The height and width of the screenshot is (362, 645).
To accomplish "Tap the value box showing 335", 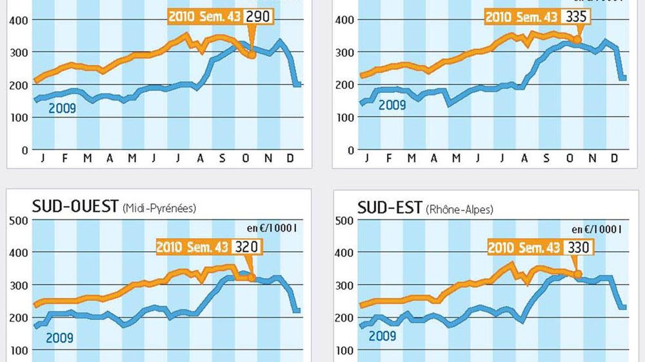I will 577,16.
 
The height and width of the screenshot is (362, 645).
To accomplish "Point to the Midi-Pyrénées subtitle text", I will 159,208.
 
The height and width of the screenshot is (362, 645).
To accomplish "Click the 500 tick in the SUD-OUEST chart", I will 19,221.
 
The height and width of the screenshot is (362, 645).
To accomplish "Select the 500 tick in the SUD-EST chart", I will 345,221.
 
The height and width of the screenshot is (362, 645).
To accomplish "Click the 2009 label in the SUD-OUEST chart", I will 59,337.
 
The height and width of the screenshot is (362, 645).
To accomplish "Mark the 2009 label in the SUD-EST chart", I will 382,336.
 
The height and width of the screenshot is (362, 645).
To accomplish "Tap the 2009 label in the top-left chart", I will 62,108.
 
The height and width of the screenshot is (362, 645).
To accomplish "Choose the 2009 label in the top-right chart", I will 392,104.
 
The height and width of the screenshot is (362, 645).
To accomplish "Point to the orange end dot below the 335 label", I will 577,40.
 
